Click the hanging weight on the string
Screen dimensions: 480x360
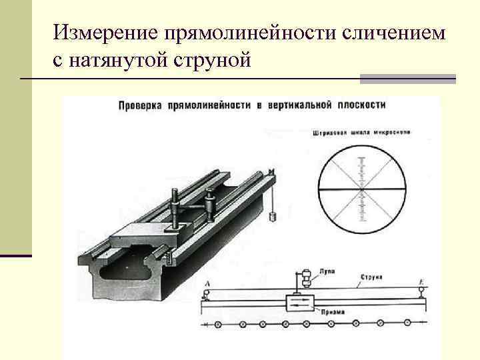[x=273, y=216]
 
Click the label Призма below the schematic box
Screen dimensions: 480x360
[x=331, y=311]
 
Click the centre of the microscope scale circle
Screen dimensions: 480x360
[x=362, y=191]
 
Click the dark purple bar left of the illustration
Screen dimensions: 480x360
[x=16, y=255]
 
